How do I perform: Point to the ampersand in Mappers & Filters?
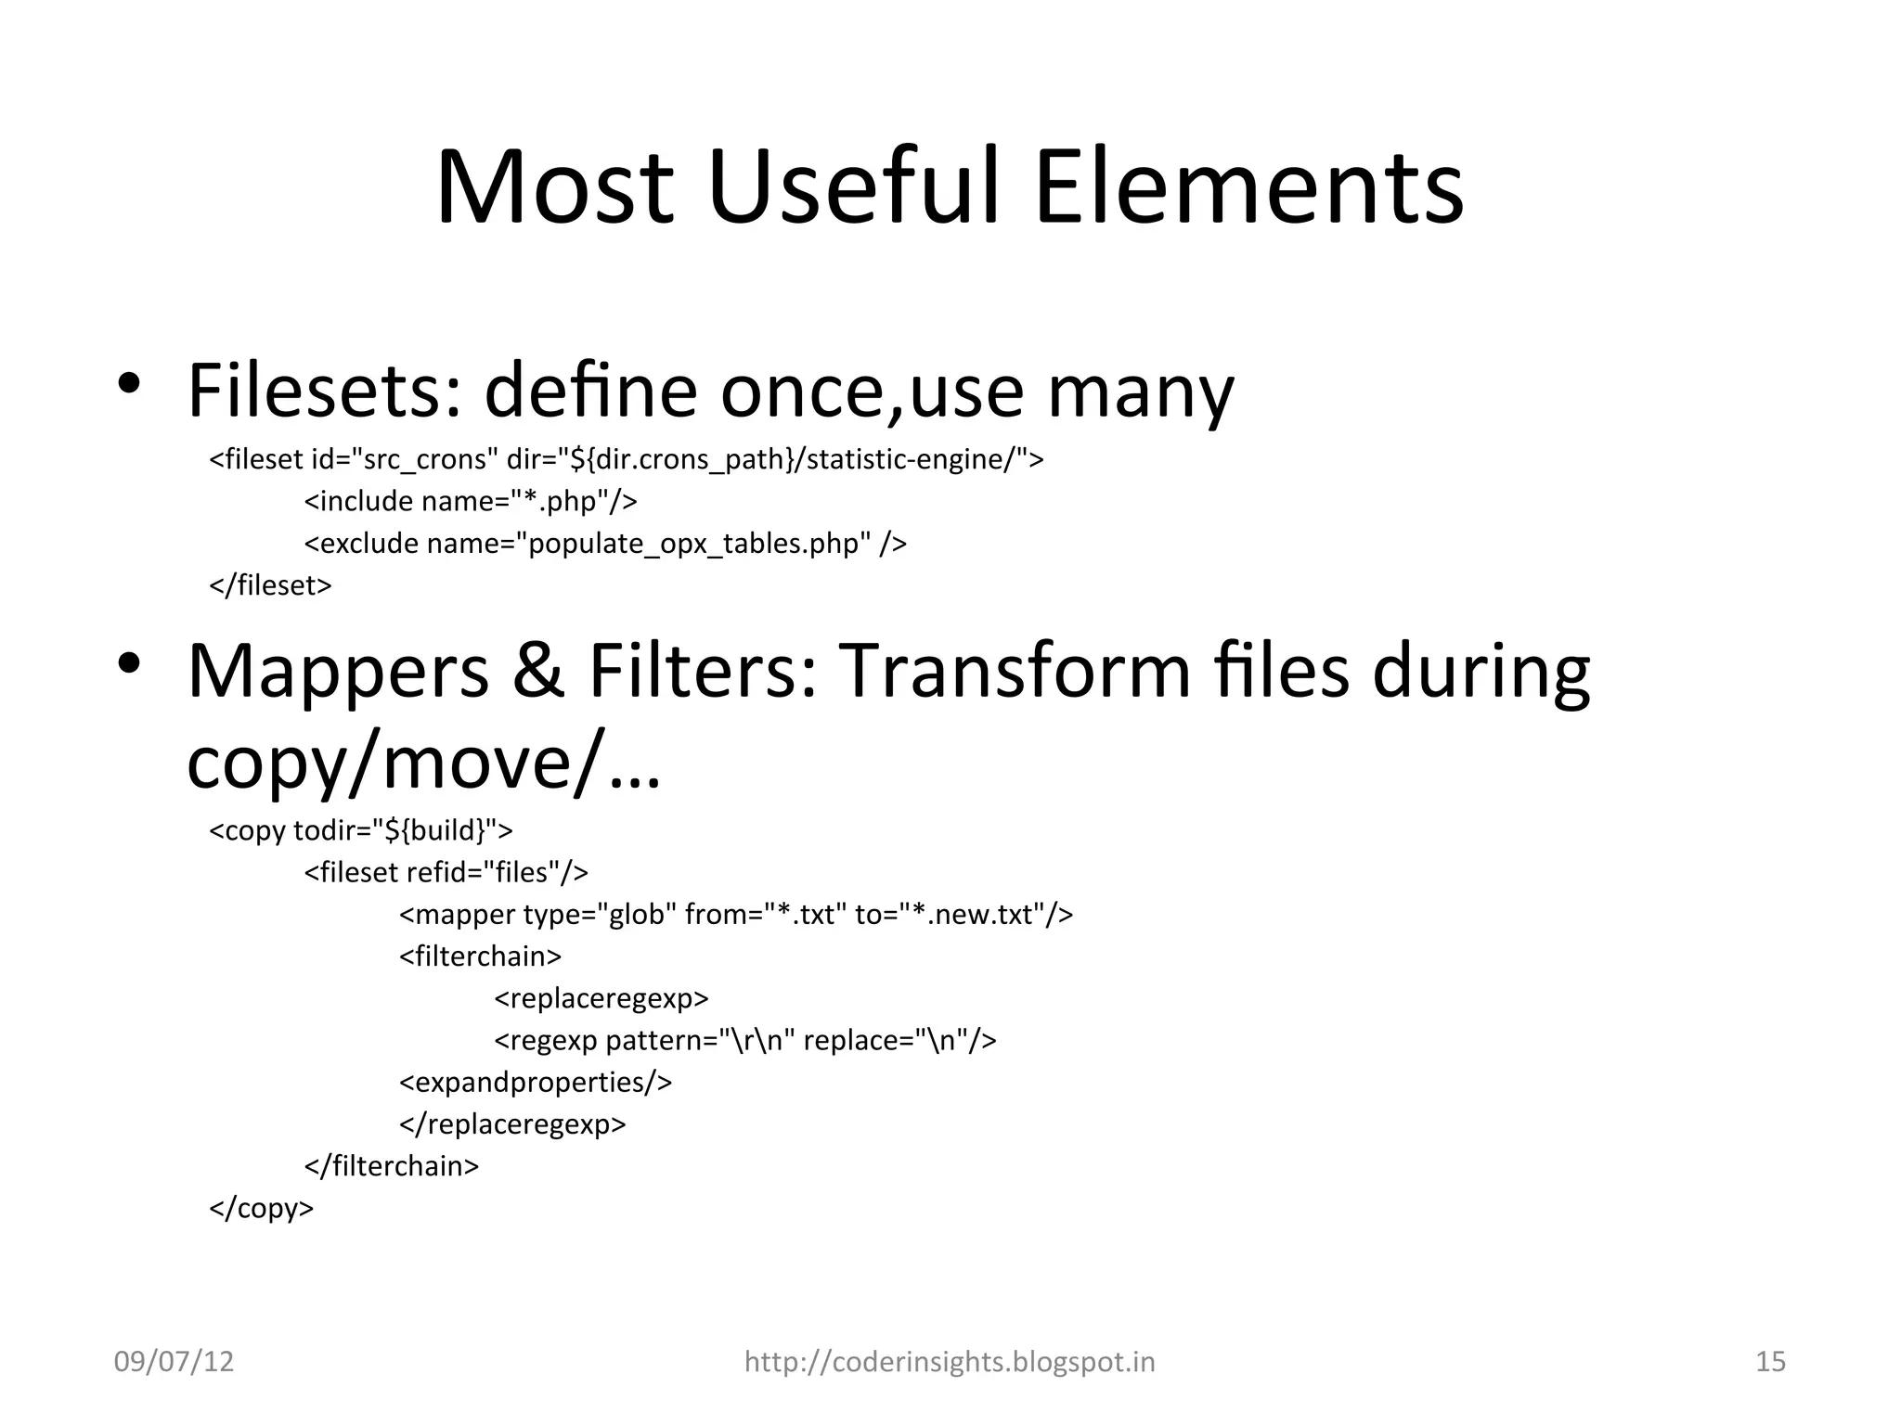tap(537, 671)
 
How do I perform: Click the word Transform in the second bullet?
tap(1016, 671)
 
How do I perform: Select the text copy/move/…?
tap(423, 764)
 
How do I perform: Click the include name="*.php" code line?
tap(471, 501)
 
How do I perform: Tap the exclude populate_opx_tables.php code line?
tap(605, 543)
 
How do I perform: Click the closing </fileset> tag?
tap(270, 585)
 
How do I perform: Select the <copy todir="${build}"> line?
tap(361, 829)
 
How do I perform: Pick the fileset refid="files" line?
tap(446, 872)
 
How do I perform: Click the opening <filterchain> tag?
tap(480, 956)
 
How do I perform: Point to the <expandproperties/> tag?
tap(536, 1082)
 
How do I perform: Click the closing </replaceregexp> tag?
tap(512, 1123)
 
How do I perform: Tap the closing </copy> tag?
tap(262, 1208)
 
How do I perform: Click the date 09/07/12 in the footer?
tap(174, 1361)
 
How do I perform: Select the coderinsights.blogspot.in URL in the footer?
tap(950, 1361)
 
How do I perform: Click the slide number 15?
tap(1770, 1361)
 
